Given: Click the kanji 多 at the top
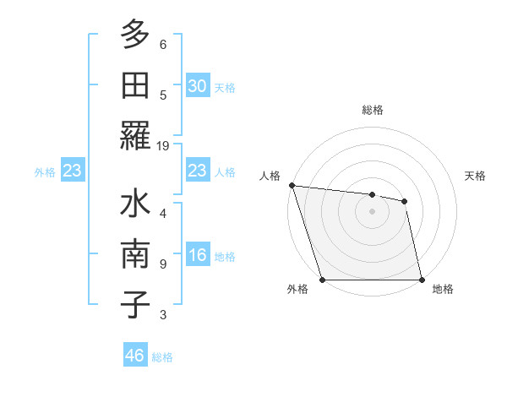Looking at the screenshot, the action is click(x=135, y=35).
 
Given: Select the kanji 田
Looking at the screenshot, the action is click(x=135, y=85).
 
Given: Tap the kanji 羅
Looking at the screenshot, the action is click(x=135, y=135).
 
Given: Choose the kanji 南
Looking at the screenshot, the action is click(x=135, y=255).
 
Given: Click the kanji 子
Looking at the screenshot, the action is click(x=135, y=305).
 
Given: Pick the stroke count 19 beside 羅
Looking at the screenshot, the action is click(x=163, y=146).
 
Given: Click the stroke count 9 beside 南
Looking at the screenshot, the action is click(x=163, y=264).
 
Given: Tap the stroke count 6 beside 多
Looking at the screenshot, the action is click(x=163, y=45).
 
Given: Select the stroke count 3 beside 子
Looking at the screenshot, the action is click(x=163, y=315).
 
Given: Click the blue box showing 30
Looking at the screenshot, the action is click(x=197, y=86).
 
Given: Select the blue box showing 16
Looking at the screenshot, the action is click(x=197, y=256).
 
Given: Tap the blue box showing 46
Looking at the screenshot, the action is click(x=135, y=356).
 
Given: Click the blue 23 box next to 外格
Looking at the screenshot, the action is click(x=73, y=171).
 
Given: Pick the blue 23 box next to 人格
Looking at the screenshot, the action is click(x=197, y=171).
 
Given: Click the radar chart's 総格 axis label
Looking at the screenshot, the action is click(x=372, y=110).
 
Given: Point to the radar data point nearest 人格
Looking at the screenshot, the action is click(x=292, y=185).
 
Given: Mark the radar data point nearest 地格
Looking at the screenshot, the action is click(x=422, y=280).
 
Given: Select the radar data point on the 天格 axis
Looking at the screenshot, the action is click(x=405, y=201).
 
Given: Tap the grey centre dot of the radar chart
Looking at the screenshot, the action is click(x=372, y=211).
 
